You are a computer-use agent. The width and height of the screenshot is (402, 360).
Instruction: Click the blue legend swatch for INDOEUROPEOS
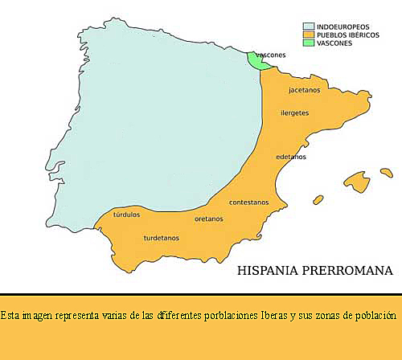(x=309, y=27)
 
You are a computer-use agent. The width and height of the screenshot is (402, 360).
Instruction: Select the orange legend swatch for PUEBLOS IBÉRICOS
(x=309, y=35)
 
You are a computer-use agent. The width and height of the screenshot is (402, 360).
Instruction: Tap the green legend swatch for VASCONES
(x=309, y=43)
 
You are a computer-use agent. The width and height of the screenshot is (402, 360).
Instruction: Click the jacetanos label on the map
(x=305, y=90)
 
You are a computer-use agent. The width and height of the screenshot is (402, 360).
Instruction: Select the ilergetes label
(x=295, y=112)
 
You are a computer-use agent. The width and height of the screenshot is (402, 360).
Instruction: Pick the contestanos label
(x=249, y=202)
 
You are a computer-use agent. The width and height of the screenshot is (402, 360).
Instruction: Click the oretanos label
(x=209, y=218)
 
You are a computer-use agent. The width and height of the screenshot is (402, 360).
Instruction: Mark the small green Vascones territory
(x=257, y=61)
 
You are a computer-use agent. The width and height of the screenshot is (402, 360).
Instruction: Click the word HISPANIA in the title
(x=271, y=271)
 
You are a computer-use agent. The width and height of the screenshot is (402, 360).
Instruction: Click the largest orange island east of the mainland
(x=355, y=181)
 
